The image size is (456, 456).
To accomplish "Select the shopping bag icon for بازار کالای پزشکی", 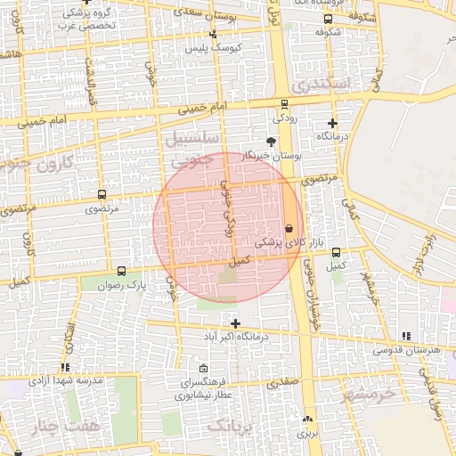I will click(x=288, y=228).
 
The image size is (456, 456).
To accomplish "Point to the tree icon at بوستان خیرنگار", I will click(x=271, y=142).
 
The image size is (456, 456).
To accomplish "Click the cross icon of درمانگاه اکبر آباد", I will click(x=235, y=323).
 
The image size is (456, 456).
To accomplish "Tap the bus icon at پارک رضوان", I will click(x=121, y=271).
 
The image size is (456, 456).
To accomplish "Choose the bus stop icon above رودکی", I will click(x=284, y=104).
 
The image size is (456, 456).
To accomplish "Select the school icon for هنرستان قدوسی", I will click(x=407, y=336).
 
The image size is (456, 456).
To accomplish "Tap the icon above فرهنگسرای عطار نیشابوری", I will click(x=204, y=369).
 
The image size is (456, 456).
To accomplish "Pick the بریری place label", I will click(x=307, y=434).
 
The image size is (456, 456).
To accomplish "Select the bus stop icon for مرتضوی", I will click(x=101, y=194).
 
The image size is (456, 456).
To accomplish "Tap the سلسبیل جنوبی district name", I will click(x=190, y=149).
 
